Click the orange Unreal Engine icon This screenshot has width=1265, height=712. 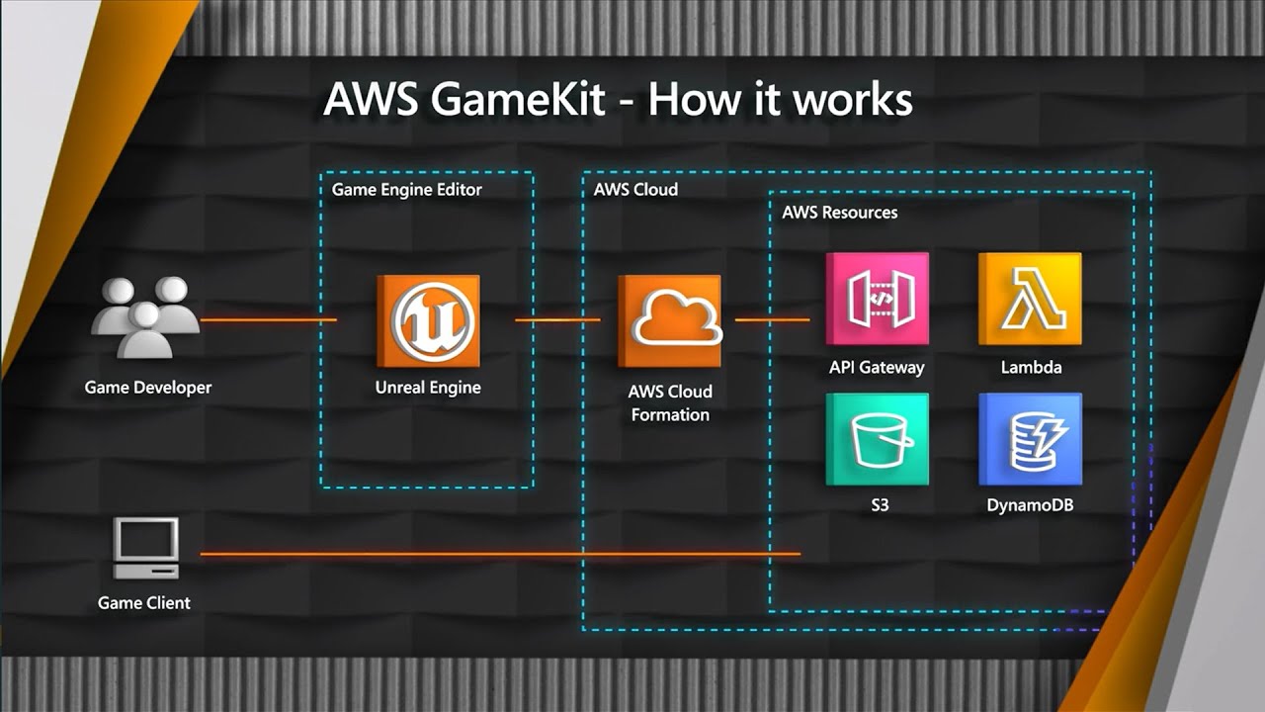coord(429,321)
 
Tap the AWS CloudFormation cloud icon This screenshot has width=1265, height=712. coord(670,321)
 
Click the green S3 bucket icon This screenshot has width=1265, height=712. coord(878,439)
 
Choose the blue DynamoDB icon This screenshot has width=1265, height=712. coord(1030,439)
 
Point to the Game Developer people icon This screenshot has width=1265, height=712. coord(146,317)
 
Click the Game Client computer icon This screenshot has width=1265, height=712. coord(146,548)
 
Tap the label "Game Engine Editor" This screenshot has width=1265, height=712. coord(406,189)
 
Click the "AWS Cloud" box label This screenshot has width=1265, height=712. coord(635,189)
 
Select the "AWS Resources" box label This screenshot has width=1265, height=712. coord(839,212)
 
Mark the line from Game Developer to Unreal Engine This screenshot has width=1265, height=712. coord(268,320)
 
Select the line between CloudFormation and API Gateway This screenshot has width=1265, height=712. coord(772,319)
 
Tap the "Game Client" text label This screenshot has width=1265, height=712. coord(144,602)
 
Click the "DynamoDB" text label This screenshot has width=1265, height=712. coord(1030,505)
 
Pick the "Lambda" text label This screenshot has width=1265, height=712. coord(1031,367)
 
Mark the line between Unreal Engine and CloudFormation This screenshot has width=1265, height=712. coord(557,319)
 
